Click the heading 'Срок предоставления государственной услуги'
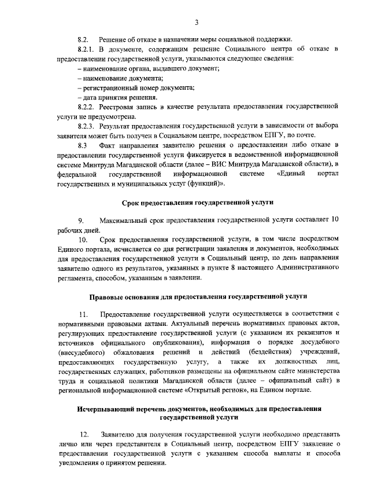tap(198, 202)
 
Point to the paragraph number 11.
tap(83, 315)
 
